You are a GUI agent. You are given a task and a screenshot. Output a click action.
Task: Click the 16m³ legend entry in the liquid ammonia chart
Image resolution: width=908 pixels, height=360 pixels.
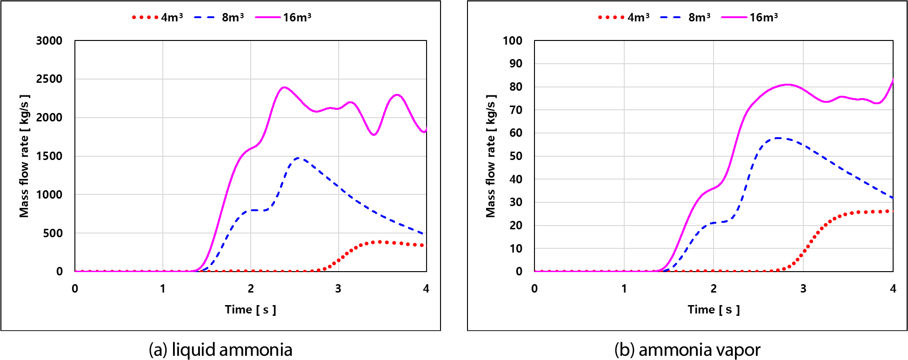(x=283, y=17)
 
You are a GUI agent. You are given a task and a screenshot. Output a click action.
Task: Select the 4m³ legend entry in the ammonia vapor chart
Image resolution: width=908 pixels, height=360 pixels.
(x=623, y=17)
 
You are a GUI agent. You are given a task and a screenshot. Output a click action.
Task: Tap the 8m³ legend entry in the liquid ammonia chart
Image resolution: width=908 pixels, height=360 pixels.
(x=219, y=17)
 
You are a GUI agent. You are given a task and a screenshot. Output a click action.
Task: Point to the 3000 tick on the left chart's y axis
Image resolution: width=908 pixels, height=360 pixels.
(x=49, y=40)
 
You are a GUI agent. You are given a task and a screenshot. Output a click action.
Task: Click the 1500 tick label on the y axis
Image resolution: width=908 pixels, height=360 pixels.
(x=49, y=156)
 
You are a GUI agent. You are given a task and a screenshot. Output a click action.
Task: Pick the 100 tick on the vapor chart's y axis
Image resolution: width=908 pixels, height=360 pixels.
(x=513, y=40)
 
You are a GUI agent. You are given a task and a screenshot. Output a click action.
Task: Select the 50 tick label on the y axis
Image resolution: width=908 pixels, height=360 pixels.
(x=516, y=156)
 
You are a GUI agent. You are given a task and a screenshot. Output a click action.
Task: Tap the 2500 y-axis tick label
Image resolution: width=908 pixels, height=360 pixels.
(x=49, y=79)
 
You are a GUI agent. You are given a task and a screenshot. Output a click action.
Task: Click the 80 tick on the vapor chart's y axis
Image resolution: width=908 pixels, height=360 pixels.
(x=516, y=87)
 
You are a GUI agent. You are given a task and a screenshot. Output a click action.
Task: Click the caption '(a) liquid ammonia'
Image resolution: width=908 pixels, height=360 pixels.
(x=220, y=349)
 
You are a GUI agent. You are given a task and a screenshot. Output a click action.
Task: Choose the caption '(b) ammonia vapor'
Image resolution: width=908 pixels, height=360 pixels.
(x=688, y=349)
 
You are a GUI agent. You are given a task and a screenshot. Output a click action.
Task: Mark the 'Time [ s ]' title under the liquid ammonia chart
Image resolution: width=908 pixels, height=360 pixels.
(x=251, y=309)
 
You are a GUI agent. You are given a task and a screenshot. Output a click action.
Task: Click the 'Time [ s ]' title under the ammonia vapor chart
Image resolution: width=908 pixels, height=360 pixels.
(x=714, y=309)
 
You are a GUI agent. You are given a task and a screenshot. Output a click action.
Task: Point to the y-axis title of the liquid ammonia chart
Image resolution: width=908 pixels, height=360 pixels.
(x=24, y=156)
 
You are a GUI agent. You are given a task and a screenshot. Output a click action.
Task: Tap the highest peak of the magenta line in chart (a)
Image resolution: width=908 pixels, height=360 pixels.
(x=284, y=87)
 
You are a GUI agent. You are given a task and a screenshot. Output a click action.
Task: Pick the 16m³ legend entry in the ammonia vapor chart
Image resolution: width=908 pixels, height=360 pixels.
(x=750, y=17)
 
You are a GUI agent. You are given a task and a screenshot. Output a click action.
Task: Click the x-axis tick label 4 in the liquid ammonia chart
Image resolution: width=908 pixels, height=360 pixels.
(x=426, y=288)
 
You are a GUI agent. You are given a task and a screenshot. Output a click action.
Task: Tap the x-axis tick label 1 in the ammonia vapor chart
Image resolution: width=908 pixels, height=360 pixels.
(x=624, y=288)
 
